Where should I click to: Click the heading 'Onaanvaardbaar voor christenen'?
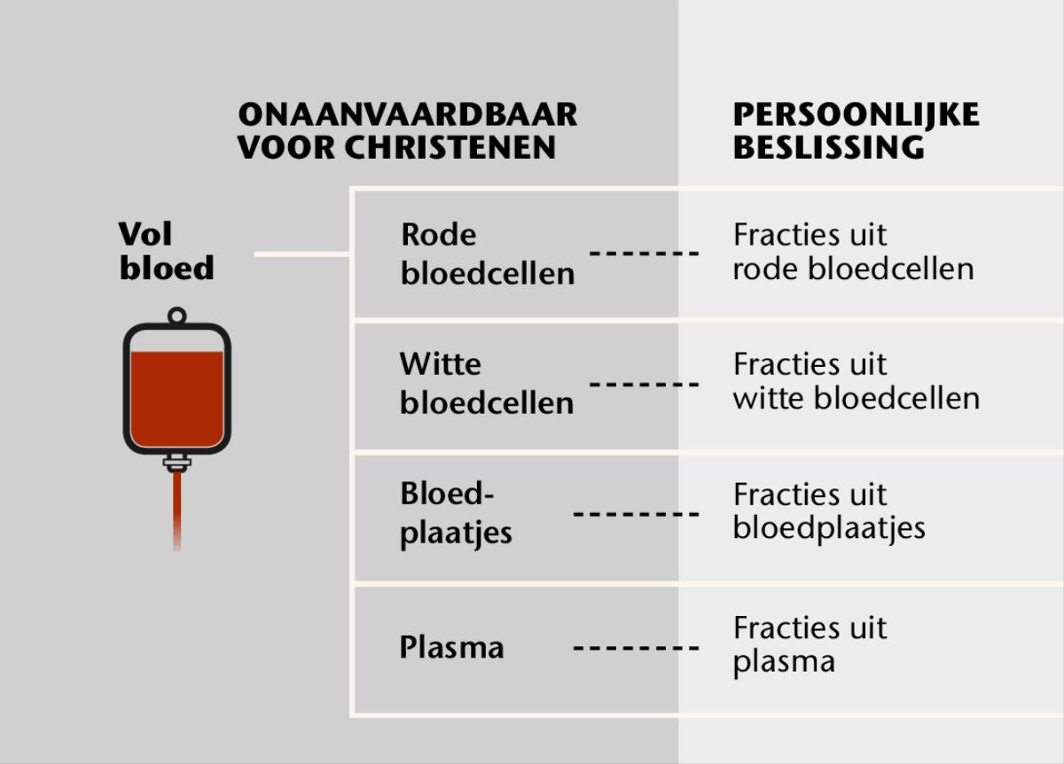point(407,130)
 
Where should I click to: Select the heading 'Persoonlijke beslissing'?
point(856,130)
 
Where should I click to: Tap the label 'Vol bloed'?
point(167,251)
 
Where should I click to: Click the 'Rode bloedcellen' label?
point(487,253)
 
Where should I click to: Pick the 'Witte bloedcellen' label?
point(486,383)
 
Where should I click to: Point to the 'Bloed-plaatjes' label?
point(456,514)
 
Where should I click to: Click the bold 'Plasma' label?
point(451,647)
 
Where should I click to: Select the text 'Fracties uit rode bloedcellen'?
point(853,252)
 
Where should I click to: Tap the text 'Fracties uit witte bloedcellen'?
point(856,381)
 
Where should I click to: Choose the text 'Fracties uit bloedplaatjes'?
point(829,511)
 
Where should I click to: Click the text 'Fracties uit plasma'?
point(810,644)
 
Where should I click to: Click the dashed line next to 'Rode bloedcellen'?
point(645,253)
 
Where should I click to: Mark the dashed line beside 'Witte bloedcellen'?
point(645,384)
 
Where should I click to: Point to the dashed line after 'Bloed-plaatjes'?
point(636,514)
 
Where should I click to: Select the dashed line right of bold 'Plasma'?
point(636,647)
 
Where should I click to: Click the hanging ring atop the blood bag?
point(176,315)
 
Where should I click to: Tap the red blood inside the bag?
point(176,399)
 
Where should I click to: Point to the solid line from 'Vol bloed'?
point(302,254)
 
